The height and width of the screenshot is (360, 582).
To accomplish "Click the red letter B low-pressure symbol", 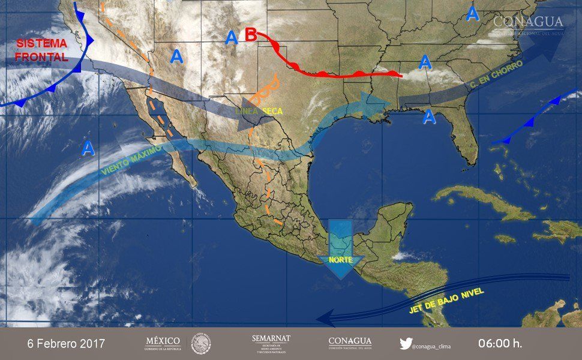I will click(251, 35).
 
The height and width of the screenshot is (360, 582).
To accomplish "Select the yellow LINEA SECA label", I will click(259, 112).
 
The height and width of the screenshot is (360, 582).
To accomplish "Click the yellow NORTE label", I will click(340, 260).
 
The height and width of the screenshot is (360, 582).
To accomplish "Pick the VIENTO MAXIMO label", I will click(131, 161).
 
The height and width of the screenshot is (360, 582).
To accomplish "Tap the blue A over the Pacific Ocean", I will click(88, 148).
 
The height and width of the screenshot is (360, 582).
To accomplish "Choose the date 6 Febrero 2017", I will click(66, 344).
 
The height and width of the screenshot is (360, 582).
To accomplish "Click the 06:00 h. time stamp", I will click(500, 344).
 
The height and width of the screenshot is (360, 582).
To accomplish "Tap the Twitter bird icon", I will click(406, 343).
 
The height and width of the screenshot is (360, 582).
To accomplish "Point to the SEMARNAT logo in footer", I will click(271, 343).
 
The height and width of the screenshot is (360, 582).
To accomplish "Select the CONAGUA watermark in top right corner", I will click(528, 24).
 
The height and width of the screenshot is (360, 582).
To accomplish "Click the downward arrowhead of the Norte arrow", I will click(340, 271).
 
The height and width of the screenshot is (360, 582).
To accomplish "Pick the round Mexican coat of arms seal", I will click(201, 344).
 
